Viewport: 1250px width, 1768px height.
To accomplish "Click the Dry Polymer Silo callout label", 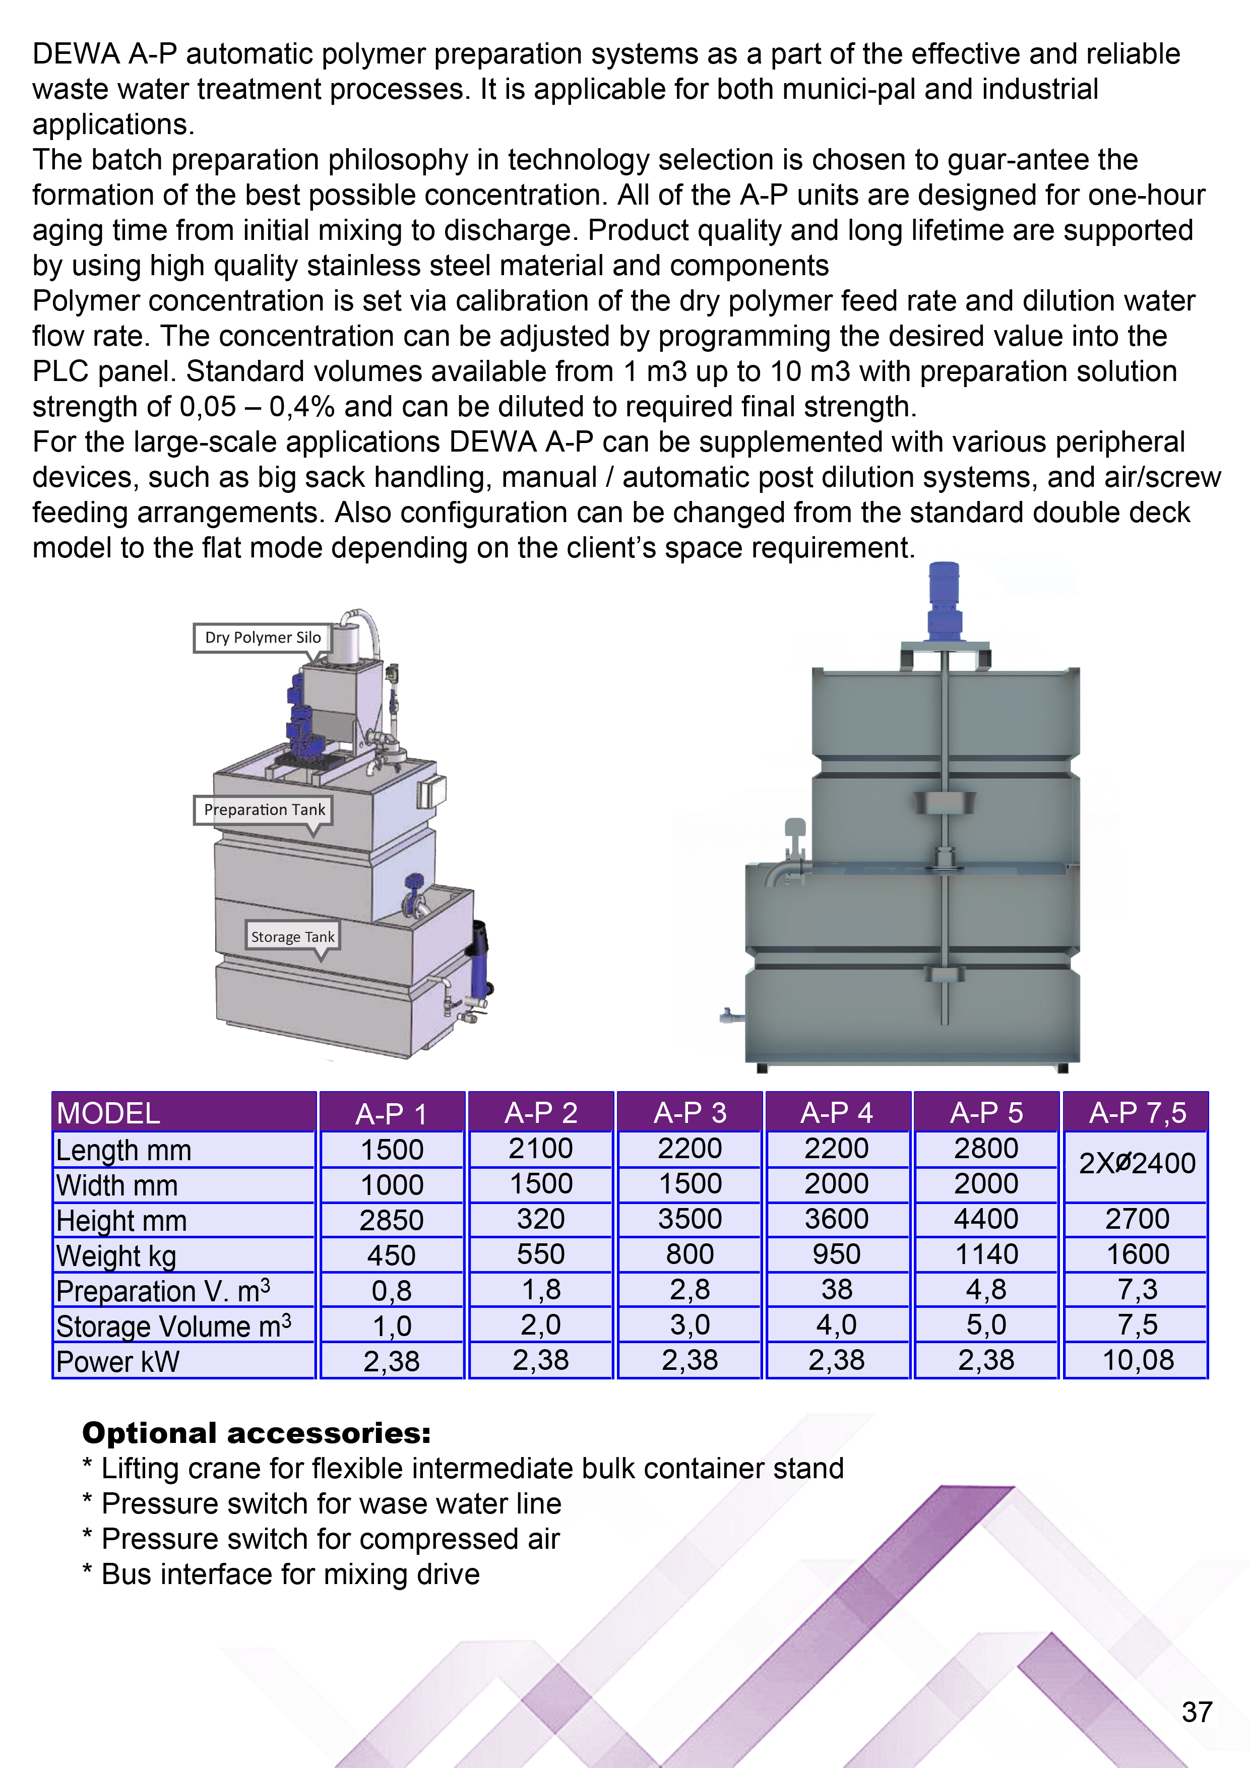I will coord(263,638).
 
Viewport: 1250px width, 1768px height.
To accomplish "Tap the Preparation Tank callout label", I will coord(264,809).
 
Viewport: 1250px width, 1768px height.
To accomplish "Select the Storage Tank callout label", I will coord(293,936).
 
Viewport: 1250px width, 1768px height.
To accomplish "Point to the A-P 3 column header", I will coord(690,1113).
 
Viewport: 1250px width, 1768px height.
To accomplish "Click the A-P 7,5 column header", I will coord(1137,1113).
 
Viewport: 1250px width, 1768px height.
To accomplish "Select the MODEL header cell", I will coord(108,1113).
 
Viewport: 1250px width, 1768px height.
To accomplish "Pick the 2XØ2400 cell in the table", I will coord(1137,1164).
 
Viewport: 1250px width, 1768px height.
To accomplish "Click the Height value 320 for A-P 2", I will coord(541,1219).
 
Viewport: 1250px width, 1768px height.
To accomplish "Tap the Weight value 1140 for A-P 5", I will coord(986,1254).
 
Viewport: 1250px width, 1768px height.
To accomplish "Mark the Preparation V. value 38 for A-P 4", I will coord(836,1289).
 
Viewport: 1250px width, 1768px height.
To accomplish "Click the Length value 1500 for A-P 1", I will coord(392,1150).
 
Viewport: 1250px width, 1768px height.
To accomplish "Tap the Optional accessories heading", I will coord(257,1433).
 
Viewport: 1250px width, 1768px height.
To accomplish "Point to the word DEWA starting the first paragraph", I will coord(76,54).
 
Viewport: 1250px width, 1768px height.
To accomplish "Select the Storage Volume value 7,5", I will coord(1138,1324).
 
